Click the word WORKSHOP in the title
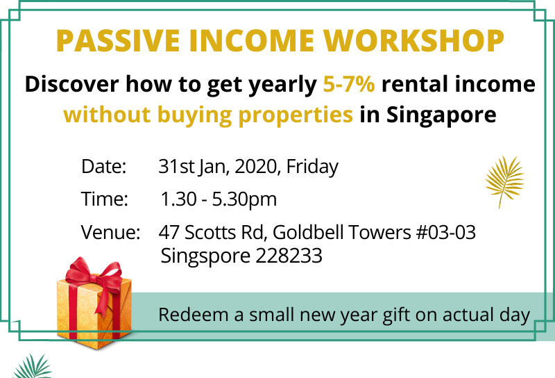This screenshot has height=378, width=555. pyautogui.click(x=413, y=40)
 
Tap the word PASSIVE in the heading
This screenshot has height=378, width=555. pyautogui.click(x=118, y=40)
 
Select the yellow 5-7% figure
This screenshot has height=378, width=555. pyautogui.click(x=349, y=84)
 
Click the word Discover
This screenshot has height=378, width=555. pyautogui.click(x=71, y=84)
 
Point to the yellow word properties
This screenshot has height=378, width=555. pyautogui.click(x=296, y=115)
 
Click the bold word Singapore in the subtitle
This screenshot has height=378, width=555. pyautogui.click(x=441, y=115)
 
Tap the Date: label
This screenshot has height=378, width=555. pyautogui.click(x=103, y=166)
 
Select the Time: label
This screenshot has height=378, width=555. pyautogui.click(x=105, y=199)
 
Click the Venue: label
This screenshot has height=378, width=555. pyautogui.click(x=110, y=232)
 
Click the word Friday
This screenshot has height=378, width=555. pyautogui.click(x=312, y=166)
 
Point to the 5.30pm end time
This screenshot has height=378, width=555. pyautogui.click(x=244, y=199)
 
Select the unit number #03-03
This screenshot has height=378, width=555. pyautogui.click(x=446, y=232)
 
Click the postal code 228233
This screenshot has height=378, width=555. pyautogui.click(x=289, y=255)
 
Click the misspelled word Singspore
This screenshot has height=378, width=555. pyautogui.click(x=205, y=256)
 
